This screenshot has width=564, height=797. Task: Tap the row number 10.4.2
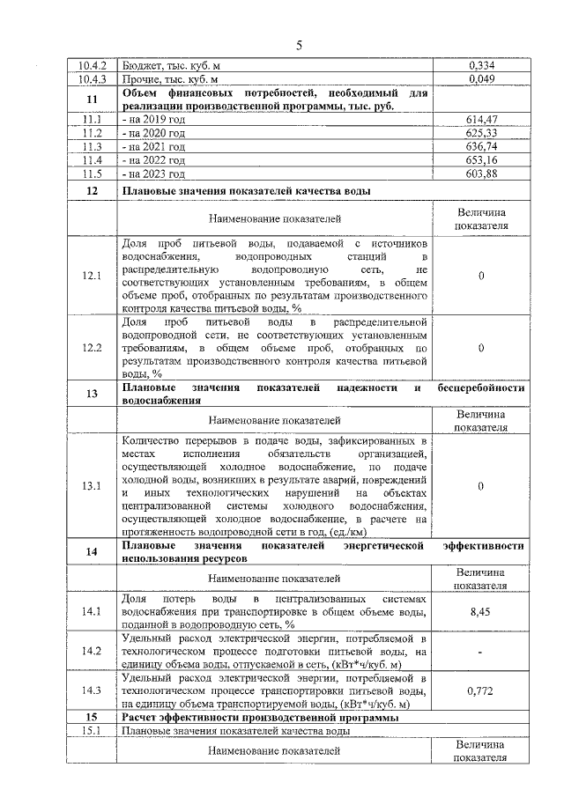point(93,65)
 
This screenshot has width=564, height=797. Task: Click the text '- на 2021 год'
point(154,146)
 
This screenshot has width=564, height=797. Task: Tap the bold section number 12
point(92,191)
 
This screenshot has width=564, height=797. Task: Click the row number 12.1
point(92,276)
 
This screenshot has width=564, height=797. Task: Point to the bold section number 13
point(92,394)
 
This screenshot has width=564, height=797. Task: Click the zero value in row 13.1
point(481,485)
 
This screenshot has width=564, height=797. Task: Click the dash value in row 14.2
point(481,652)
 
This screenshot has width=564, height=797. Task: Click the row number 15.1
point(92,731)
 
